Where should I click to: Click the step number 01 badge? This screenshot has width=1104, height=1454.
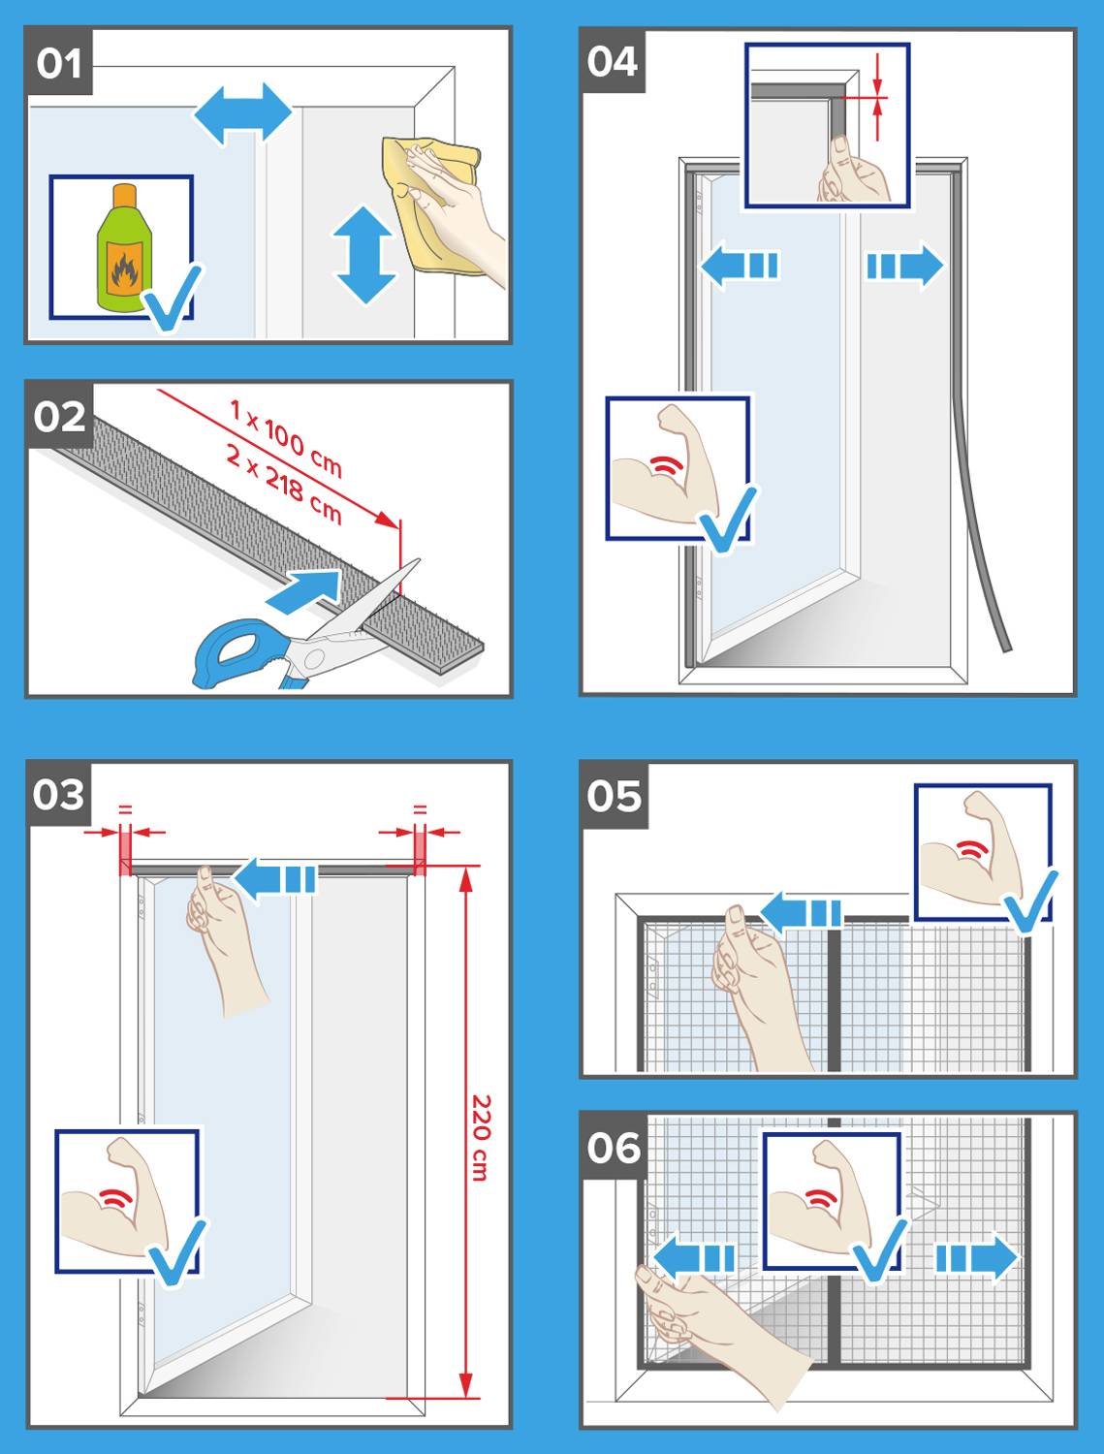point(60,64)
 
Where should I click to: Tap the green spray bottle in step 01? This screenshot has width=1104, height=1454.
point(120,249)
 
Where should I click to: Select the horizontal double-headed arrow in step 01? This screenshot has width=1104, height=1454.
point(242,114)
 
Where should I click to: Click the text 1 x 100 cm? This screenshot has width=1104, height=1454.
point(286,438)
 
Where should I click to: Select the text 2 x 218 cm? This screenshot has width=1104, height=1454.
point(284,482)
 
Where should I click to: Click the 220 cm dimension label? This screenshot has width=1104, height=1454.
point(480,1137)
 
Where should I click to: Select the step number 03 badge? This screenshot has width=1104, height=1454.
point(60,795)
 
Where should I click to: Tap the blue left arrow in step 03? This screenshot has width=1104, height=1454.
point(275,879)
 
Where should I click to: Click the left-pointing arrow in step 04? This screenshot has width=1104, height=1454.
point(740,265)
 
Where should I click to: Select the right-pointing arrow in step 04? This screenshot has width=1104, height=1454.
point(903,266)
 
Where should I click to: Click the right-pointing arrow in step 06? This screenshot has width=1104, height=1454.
point(975,1258)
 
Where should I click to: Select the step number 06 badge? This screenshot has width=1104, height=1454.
point(614,1148)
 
